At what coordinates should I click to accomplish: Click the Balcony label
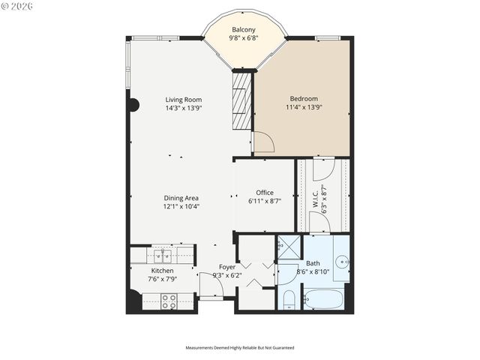(244, 30)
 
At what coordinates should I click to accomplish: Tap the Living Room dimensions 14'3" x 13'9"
(184, 108)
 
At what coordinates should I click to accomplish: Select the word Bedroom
(304, 98)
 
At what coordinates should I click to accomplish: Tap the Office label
(264, 192)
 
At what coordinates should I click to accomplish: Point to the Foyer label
(227, 267)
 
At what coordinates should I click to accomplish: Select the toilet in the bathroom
(289, 300)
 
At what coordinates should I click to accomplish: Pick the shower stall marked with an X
(288, 247)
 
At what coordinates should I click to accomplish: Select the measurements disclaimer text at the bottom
(240, 347)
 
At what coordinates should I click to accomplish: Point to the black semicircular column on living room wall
(133, 105)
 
